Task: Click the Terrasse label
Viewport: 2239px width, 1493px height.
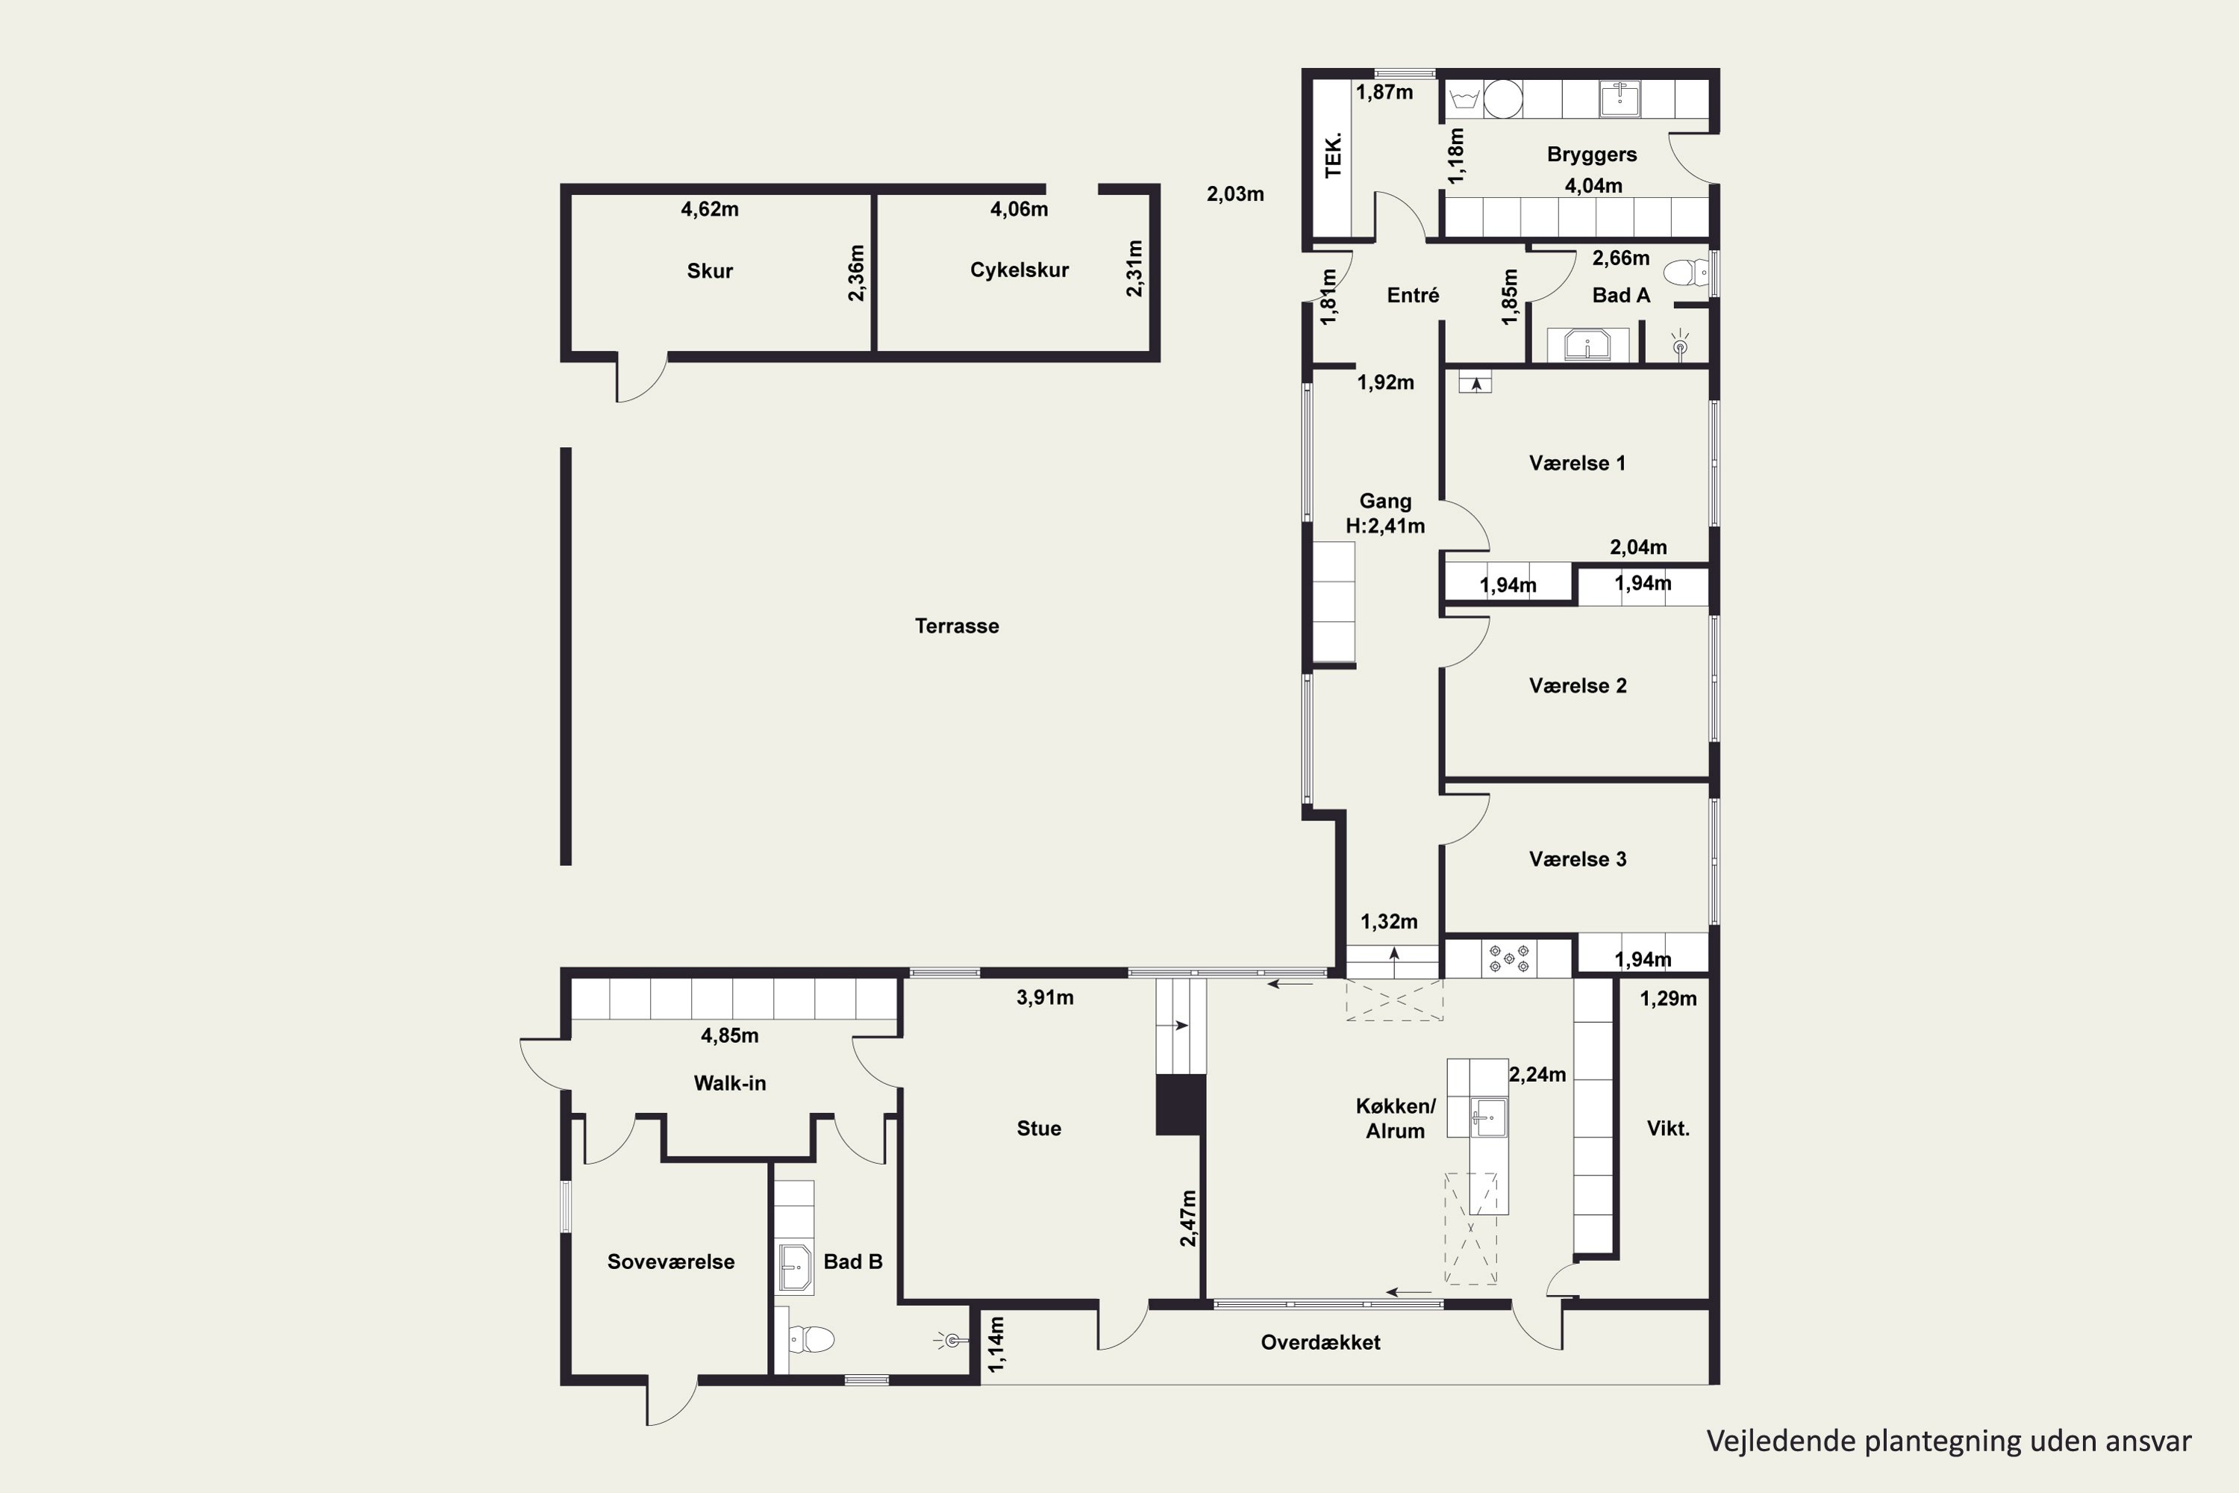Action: pos(957,626)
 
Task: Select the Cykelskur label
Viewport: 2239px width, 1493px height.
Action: pos(1019,269)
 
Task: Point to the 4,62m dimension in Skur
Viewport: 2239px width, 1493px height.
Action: pos(709,208)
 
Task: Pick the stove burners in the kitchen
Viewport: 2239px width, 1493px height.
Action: pos(1509,958)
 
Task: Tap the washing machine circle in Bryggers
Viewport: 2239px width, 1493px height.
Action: pos(1503,99)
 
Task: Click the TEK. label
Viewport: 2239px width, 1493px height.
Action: pos(1333,155)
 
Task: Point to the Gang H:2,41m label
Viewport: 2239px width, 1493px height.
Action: pos(1385,514)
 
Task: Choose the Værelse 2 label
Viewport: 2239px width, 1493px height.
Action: pos(1578,685)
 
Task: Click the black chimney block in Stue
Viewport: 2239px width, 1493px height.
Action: pos(1181,1105)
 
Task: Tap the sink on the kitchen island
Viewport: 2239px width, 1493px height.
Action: pos(1488,1117)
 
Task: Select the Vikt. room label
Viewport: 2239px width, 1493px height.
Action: pos(1668,1128)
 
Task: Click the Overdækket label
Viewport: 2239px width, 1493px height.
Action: pos(1320,1342)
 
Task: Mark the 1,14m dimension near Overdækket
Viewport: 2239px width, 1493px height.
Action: pos(996,1344)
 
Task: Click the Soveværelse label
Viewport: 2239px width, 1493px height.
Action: pos(671,1262)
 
